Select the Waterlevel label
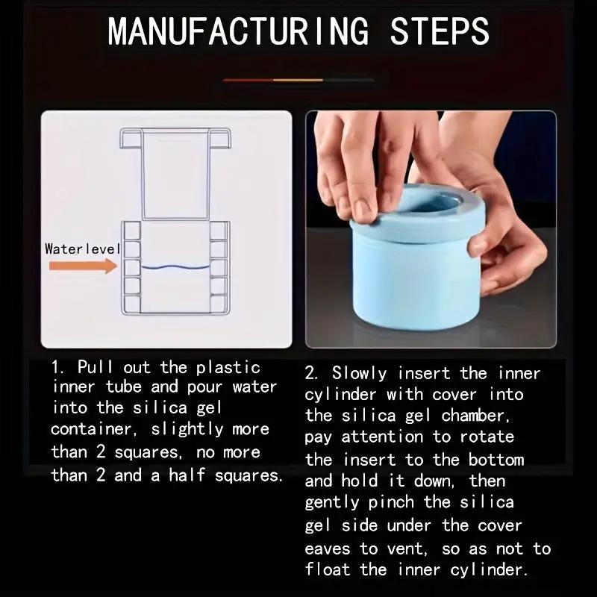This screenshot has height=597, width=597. [82, 249]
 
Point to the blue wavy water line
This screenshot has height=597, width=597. [175, 266]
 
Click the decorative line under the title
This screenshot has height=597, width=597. [298, 79]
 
